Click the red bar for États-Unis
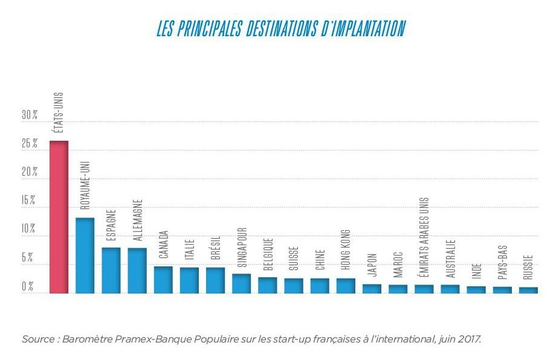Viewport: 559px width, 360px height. pyautogui.click(x=59, y=217)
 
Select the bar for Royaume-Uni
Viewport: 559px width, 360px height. pyautogui.click(x=85, y=255)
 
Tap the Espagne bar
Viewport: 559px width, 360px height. pyautogui.click(x=111, y=270)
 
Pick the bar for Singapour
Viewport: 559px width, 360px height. pyautogui.click(x=241, y=283)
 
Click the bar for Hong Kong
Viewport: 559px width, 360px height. pyautogui.click(x=345, y=286)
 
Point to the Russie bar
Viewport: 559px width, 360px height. pyautogui.click(x=528, y=290)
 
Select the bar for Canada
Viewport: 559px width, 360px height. pyautogui.click(x=163, y=280)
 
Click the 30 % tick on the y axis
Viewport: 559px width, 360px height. pyautogui.click(x=29, y=114)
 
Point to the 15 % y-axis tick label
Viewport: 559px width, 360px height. pyautogui.click(x=29, y=201)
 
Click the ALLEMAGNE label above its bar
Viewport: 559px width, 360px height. pyautogui.click(x=137, y=221)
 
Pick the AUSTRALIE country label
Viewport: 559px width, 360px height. pyautogui.click(x=450, y=259)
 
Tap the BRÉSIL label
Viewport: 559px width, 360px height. pyautogui.click(x=215, y=248)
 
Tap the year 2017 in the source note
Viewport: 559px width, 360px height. pyautogui.click(x=468, y=339)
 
